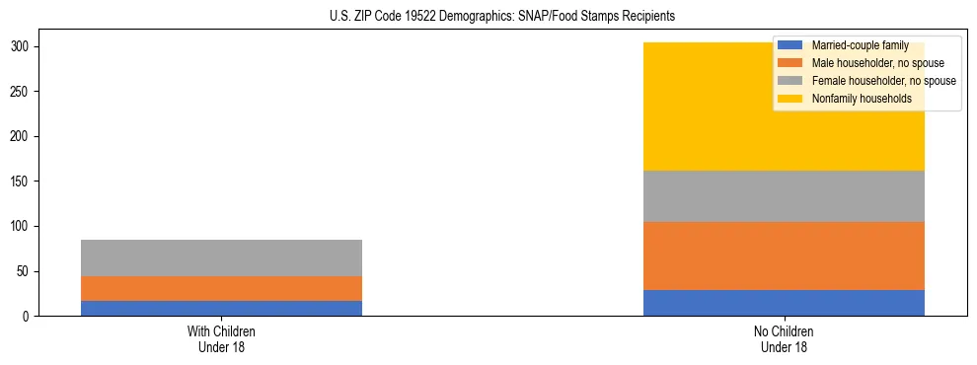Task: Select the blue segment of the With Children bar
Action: (x=221, y=308)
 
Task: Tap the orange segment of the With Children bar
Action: (x=221, y=288)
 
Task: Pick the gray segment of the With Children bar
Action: (x=221, y=257)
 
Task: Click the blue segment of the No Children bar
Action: (x=784, y=303)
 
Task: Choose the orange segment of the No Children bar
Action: (x=784, y=255)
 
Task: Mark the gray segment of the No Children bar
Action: (x=784, y=196)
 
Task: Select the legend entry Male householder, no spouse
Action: (x=864, y=63)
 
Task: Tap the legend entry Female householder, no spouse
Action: (x=868, y=81)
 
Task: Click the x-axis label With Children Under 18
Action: (x=221, y=338)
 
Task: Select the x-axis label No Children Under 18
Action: (x=784, y=338)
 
